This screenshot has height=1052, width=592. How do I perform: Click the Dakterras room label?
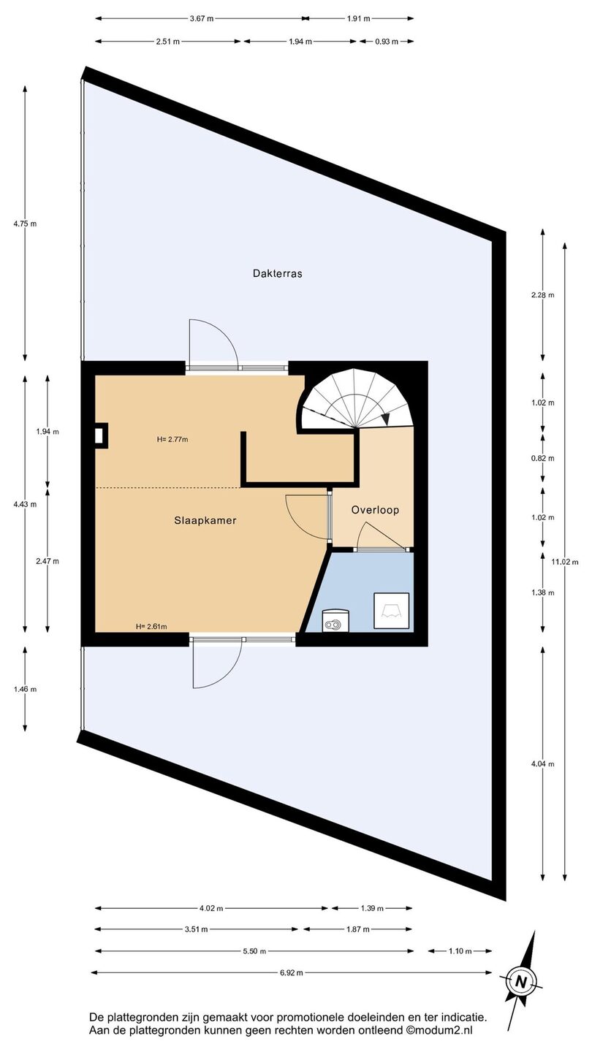(x=277, y=273)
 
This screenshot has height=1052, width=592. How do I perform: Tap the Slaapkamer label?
(x=205, y=520)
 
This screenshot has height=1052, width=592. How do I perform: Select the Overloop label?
(x=375, y=510)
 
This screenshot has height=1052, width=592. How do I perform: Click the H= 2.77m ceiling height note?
(x=172, y=440)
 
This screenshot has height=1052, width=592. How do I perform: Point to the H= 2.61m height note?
(x=151, y=626)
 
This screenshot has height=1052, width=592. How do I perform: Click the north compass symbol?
(x=520, y=981)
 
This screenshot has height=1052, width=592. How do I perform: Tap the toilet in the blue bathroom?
(x=336, y=620)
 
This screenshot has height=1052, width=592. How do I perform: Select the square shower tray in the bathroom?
(x=392, y=611)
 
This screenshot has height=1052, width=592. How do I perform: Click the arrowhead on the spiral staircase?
(x=386, y=419)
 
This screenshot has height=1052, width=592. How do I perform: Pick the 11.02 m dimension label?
(x=565, y=561)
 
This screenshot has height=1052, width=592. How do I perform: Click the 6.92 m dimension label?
(x=292, y=972)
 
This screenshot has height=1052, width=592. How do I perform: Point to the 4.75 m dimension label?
(x=25, y=224)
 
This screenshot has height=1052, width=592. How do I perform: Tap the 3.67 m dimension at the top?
(x=202, y=19)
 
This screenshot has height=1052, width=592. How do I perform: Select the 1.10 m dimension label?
(x=460, y=951)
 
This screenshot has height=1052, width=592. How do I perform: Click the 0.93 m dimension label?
(x=387, y=42)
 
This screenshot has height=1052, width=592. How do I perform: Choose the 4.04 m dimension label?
(x=542, y=764)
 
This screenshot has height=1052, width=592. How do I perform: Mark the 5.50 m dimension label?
(x=254, y=951)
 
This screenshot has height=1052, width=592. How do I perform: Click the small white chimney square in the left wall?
(x=99, y=436)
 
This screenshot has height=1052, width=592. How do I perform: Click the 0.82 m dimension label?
(x=542, y=458)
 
